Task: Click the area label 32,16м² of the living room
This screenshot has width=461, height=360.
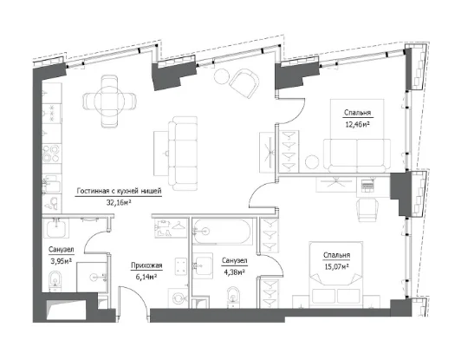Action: [x=119, y=202]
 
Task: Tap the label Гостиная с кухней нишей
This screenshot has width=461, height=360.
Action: [x=119, y=191]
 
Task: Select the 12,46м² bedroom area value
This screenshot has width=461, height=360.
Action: [x=357, y=124]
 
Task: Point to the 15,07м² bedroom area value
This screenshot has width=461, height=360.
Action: [x=336, y=266]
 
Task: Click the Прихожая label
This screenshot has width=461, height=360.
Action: [x=146, y=265]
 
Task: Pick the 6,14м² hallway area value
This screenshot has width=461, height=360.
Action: [x=146, y=277]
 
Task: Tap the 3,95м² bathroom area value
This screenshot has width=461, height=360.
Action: [x=62, y=261]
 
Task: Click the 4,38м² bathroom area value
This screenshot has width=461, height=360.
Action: [x=234, y=272]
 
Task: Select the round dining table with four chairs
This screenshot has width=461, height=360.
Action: [x=110, y=101]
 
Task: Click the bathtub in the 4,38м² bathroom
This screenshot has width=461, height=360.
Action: [x=222, y=232]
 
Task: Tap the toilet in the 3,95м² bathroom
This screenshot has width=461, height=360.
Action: [x=55, y=280]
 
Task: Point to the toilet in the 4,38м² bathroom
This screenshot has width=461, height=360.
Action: [x=233, y=297]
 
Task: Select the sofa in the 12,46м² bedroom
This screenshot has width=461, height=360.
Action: [x=357, y=155]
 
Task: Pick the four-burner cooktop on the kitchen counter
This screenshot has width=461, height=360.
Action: [x=51, y=154]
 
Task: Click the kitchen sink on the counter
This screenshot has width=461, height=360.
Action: [x=51, y=184]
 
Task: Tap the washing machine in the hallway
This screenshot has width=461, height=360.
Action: [x=178, y=298]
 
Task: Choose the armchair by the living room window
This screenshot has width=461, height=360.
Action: [x=244, y=83]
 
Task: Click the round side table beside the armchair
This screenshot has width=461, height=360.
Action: [x=222, y=76]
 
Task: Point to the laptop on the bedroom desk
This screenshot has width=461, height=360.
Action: [x=367, y=185]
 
